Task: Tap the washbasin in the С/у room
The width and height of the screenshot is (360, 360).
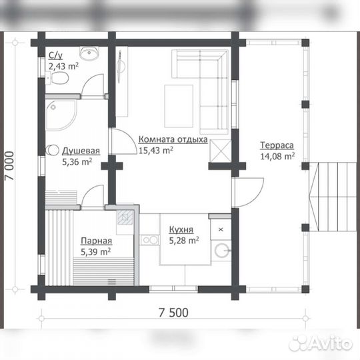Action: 89,53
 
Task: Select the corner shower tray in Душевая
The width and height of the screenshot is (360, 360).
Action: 61,115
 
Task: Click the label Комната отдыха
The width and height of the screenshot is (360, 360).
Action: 173,140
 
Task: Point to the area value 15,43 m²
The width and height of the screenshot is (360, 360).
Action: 156,151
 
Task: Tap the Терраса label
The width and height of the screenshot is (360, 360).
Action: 277,145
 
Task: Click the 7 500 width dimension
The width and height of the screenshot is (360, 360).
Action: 173,313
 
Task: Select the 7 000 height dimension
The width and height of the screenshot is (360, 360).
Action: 9,166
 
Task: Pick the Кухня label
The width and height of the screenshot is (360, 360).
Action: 181,229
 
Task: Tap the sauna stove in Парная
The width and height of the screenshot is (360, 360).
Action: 125,217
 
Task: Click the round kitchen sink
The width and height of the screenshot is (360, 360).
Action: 222,250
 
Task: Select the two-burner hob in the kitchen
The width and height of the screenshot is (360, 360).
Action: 150,240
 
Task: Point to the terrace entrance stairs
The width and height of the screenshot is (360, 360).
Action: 332,197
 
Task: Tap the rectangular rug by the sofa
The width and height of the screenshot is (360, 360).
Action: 179,106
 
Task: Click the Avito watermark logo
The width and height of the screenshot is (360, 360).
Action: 321,343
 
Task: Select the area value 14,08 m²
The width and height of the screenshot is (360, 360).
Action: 277,157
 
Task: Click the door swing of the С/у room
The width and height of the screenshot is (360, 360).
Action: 93,85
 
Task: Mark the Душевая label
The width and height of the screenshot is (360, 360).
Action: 81,151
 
